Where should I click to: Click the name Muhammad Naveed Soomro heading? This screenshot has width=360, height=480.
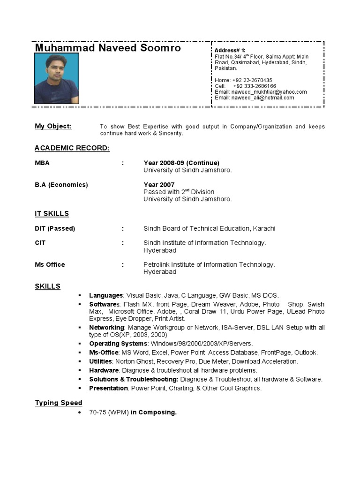pyautogui.click(x=108, y=48)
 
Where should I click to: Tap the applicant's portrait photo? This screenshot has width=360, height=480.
pyautogui.click(x=57, y=78)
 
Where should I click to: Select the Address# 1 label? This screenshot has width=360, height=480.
pyautogui.click(x=230, y=50)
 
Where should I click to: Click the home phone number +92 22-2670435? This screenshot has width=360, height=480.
pyautogui.click(x=250, y=80)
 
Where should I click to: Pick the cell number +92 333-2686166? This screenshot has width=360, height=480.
pyautogui.click(x=254, y=86)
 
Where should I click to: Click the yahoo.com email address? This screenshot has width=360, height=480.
pyautogui.click(x=269, y=92)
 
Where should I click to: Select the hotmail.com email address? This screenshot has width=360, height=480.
pyautogui.click(x=262, y=97)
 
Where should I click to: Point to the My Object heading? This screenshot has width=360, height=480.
pyautogui.click(x=53, y=126)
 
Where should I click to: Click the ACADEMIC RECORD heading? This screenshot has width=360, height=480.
pyautogui.click(x=72, y=148)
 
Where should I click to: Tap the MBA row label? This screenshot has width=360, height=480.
pyautogui.click(x=42, y=163)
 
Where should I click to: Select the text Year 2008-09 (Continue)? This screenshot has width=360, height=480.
pyautogui.click(x=181, y=163)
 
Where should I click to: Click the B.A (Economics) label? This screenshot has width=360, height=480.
pyautogui.click(x=61, y=185)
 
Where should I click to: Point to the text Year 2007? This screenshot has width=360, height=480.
pyautogui.click(x=159, y=185)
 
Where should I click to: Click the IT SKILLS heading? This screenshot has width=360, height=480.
pyautogui.click(x=52, y=214)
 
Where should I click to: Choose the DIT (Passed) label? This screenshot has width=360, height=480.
pyautogui.click(x=55, y=229)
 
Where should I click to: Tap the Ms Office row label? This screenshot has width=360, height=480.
pyautogui.click(x=50, y=265)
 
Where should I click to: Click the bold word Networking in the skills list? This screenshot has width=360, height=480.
pyautogui.click(x=107, y=328)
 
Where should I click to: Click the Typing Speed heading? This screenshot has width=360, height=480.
pyautogui.click(x=59, y=403)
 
